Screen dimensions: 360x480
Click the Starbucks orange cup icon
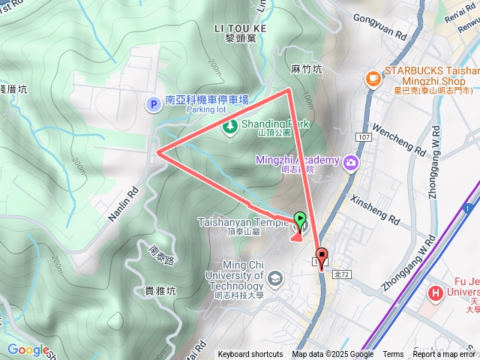pyautogui.click(x=373, y=78)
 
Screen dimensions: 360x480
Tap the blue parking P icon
pyautogui.click(x=154, y=105)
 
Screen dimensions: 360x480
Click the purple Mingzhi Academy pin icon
pyautogui.click(x=349, y=162)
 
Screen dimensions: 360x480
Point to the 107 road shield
pyautogui.click(x=364, y=138)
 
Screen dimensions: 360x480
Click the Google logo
pyautogui.click(x=28, y=349)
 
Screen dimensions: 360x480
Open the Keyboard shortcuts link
pyautogui.click(x=250, y=355)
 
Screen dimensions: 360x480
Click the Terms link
pyautogui.click(x=393, y=355)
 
